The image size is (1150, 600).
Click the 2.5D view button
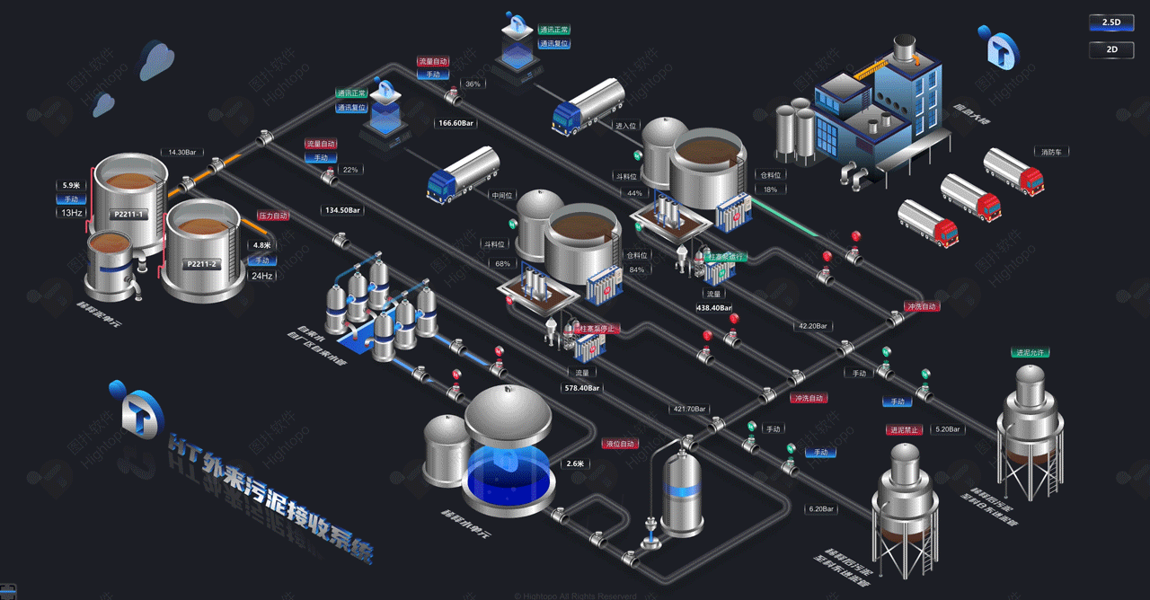pyautogui.click(x=1111, y=22)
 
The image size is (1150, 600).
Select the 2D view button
pyautogui.click(x=1111, y=50)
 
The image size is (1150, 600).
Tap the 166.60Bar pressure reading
pyautogui.click(x=456, y=123)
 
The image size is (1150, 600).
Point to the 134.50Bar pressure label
pyautogui.click(x=341, y=210)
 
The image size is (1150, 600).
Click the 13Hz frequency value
pyautogui.click(x=72, y=213)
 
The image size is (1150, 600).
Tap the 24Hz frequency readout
pyautogui.click(x=261, y=276)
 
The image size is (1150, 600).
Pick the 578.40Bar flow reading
pyautogui.click(x=582, y=388)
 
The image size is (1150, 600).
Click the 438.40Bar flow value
pyautogui.click(x=714, y=307)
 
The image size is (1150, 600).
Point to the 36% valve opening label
pyautogui.click(x=473, y=84)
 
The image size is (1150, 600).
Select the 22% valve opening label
pyautogui.click(x=350, y=170)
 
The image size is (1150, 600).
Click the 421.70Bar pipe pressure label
pyautogui.click(x=689, y=409)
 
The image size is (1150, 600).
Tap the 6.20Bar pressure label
pyautogui.click(x=821, y=509)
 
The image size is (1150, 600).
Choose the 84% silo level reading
pyautogui.click(x=637, y=269)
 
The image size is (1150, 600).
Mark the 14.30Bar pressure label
pyautogui.click(x=181, y=153)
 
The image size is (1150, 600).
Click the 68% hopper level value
pyautogui.click(x=503, y=264)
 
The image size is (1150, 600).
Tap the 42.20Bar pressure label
pyautogui.click(x=812, y=326)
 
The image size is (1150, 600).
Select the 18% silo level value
pyautogui.click(x=770, y=190)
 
